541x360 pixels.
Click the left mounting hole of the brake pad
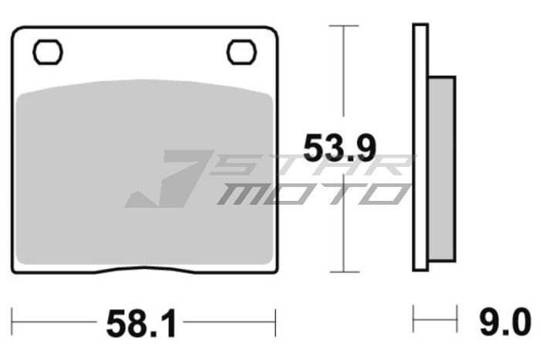tap(48, 52)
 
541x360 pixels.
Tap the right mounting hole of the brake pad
tap(240, 52)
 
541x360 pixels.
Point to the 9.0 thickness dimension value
tap(505, 320)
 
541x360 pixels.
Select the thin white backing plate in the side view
tap(420, 147)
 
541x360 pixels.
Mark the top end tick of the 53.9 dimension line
tap(344, 25)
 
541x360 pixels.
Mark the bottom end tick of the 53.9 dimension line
tap(344, 272)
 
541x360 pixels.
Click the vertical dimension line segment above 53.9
tap(344, 77)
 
